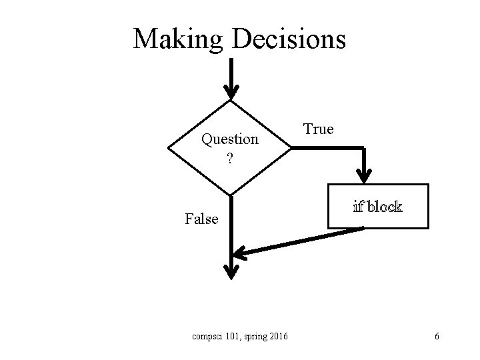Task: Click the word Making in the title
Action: tap(179, 39)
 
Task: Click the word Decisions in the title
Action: tap(289, 39)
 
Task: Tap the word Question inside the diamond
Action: tap(230, 139)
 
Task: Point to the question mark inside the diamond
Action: tap(229, 159)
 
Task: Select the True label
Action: tap(318, 129)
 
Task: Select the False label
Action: tap(201, 219)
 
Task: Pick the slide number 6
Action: tap(436, 336)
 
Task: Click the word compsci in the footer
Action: tap(207, 336)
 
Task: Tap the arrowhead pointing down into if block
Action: tap(364, 175)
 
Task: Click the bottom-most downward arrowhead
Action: tap(231, 271)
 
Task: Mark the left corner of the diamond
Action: tap(169, 148)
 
